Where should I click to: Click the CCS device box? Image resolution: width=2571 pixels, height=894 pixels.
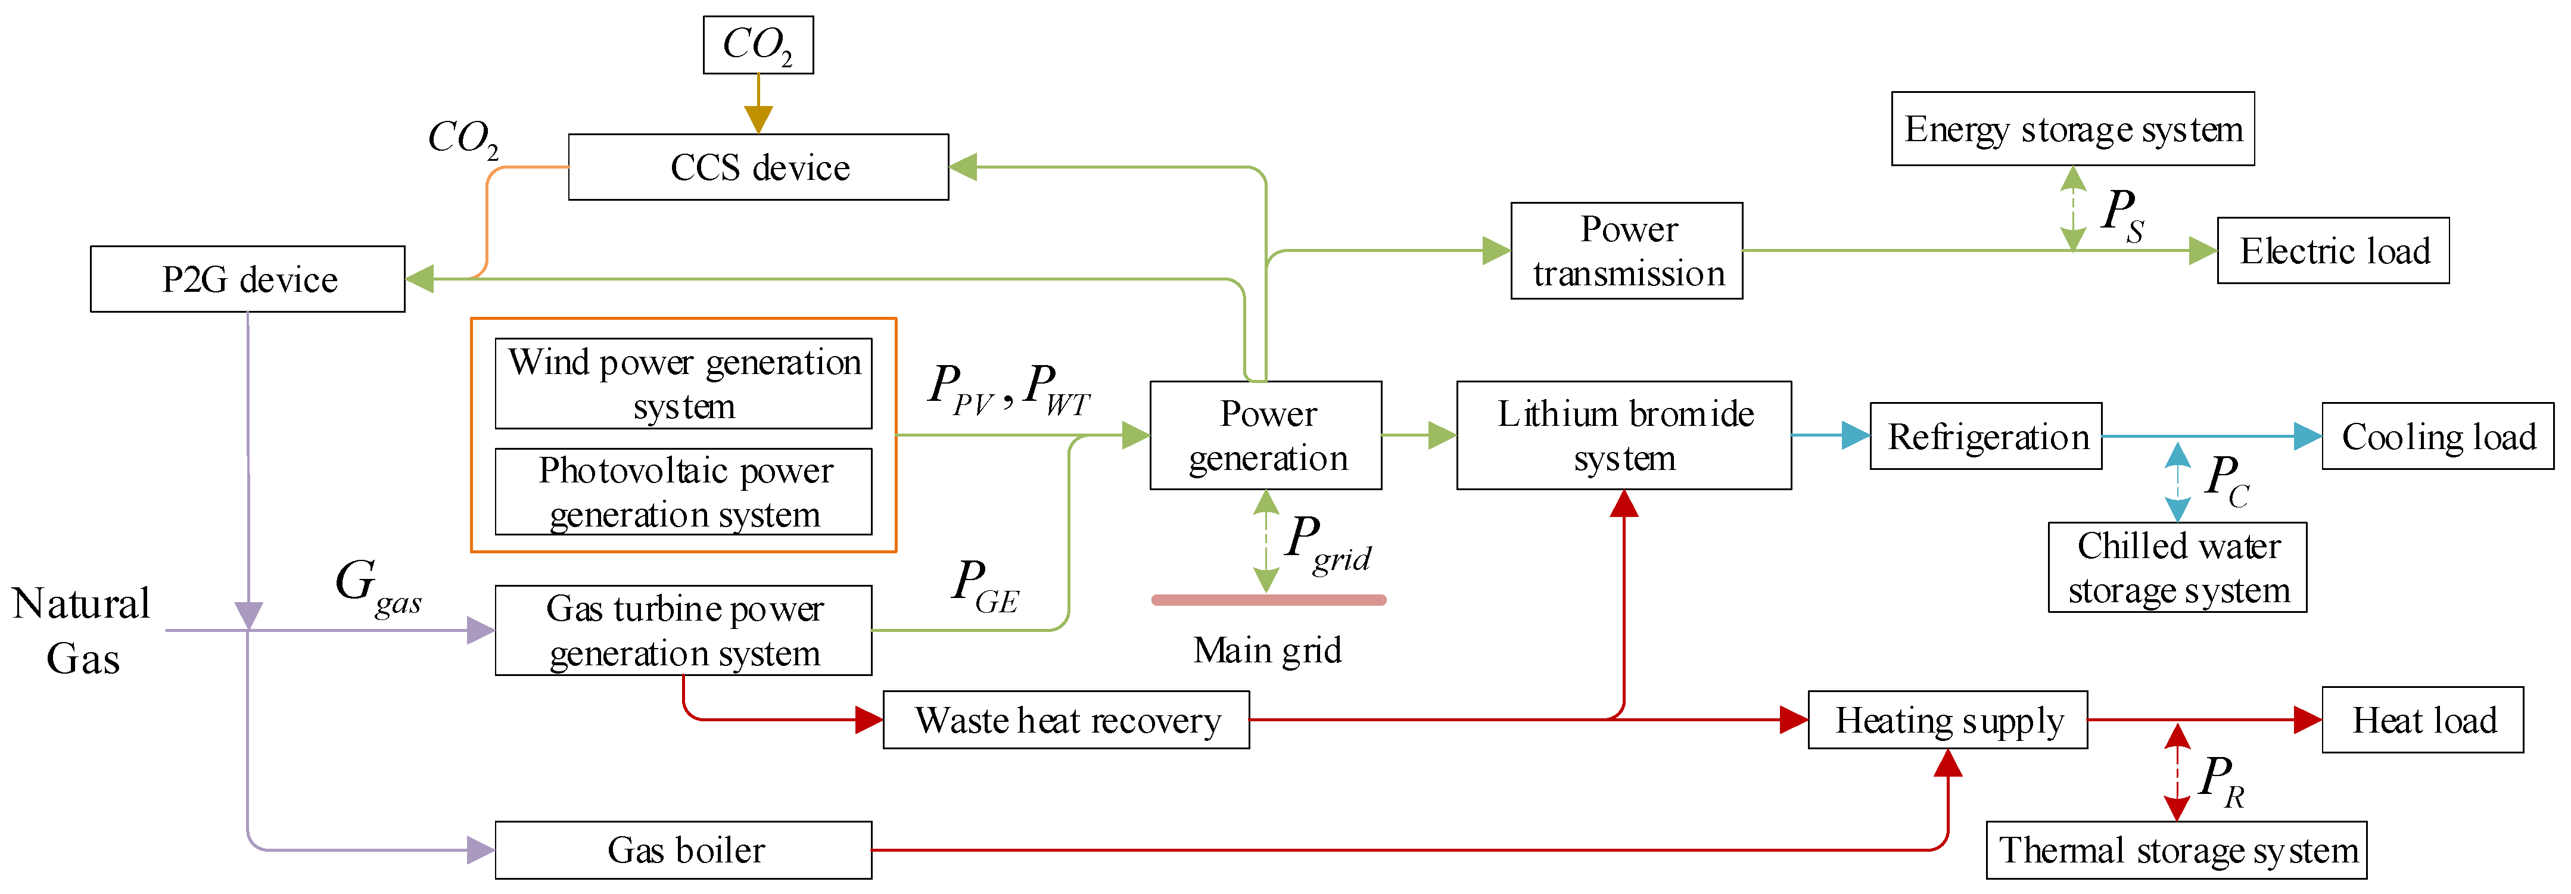[758, 167]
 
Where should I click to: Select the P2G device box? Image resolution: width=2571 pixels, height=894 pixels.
[248, 279]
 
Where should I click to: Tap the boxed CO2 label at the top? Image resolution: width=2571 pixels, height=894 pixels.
[758, 45]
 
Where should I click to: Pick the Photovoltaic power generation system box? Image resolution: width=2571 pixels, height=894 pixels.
[684, 492]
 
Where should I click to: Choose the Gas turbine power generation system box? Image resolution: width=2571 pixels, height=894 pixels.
[684, 631]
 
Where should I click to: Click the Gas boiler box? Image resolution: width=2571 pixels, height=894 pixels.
[684, 850]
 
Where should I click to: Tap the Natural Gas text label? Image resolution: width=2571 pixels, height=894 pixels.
[82, 631]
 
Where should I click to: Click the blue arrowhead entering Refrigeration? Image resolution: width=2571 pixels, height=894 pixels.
[1856, 435]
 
